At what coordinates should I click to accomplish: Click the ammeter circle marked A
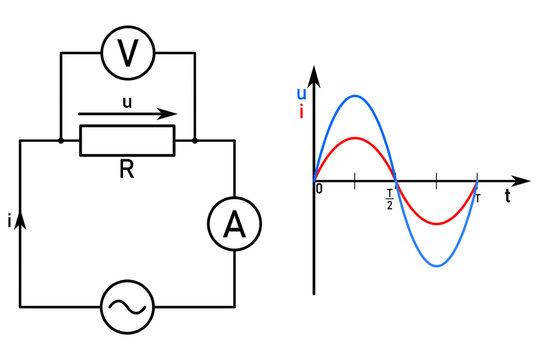coord(233,225)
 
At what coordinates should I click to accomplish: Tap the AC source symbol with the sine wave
coord(127,305)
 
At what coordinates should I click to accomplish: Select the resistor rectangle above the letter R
coord(127,141)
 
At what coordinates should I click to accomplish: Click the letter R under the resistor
coord(127,170)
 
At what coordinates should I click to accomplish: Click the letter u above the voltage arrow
coord(125,101)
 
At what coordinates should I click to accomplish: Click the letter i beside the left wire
coord(9,223)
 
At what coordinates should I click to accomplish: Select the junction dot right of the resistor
coord(194,141)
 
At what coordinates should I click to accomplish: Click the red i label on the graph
coord(302,111)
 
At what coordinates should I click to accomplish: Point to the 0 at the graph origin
coord(319,189)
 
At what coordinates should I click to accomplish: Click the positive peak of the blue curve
coord(355,96)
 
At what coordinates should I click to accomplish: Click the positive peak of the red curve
coord(355,138)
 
